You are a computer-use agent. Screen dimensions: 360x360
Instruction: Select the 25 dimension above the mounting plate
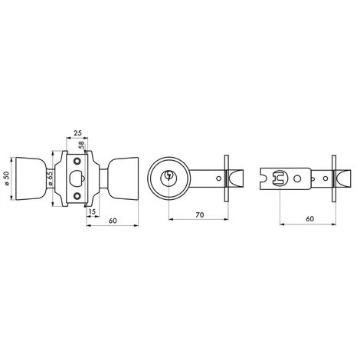(77, 134)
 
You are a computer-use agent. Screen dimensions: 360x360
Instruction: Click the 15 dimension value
(93, 212)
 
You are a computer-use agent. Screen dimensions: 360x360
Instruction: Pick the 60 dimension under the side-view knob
(112, 221)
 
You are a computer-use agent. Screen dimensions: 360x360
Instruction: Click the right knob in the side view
(122, 177)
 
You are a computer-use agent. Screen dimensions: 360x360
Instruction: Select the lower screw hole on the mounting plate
(76, 195)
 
